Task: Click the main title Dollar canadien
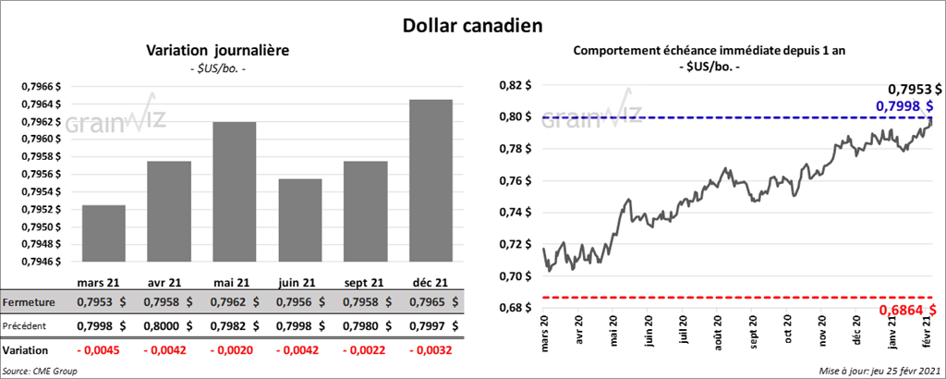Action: (x=472, y=26)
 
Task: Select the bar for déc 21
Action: (x=431, y=180)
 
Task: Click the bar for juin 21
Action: (x=300, y=220)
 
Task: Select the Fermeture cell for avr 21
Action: (x=168, y=302)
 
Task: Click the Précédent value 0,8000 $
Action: (x=168, y=326)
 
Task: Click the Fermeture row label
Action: (x=29, y=302)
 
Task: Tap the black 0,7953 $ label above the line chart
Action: (x=915, y=90)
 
